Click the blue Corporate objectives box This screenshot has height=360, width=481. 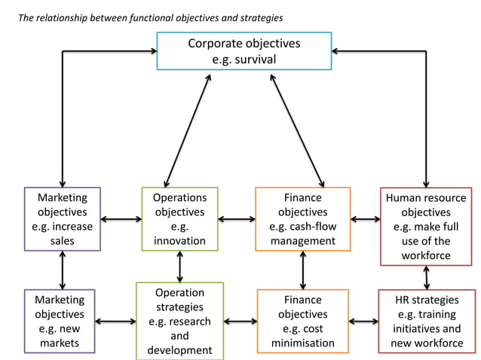pyautogui.click(x=244, y=50)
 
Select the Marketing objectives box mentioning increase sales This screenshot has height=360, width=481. pyautogui.click(x=62, y=219)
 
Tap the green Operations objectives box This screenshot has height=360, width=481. pyautogui.click(x=179, y=219)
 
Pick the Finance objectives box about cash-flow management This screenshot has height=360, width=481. pyautogui.click(x=302, y=219)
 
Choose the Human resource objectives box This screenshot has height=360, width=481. pyautogui.click(x=426, y=226)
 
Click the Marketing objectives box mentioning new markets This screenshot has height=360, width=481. pyautogui.click(x=60, y=321)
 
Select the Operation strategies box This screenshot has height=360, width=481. pyautogui.click(x=179, y=321)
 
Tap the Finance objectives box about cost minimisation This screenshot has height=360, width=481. pyautogui.click(x=302, y=321)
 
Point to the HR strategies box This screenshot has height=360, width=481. pyautogui.click(x=427, y=321)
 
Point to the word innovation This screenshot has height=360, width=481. pyautogui.click(x=179, y=241)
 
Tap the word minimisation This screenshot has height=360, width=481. pyautogui.click(x=302, y=343)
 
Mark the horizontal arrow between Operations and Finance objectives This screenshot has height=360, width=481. pyautogui.click(x=236, y=220)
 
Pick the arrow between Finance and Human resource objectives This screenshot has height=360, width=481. pyautogui.click(x=365, y=220)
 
